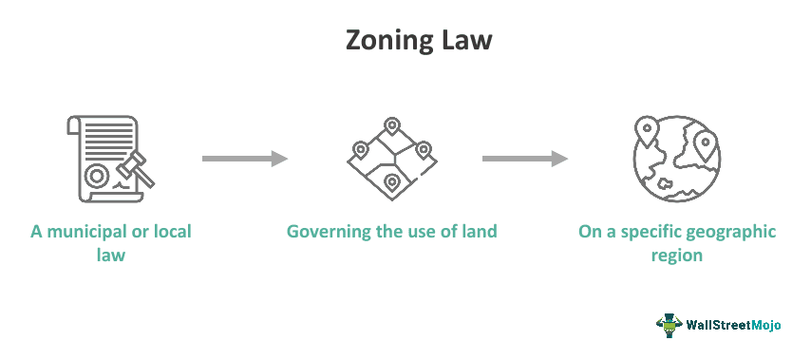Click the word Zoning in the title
[374, 43]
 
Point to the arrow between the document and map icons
[245, 159]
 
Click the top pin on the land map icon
[390, 127]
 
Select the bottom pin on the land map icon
[390, 180]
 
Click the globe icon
[675, 159]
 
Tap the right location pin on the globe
[704, 145]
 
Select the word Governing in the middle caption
[331, 231]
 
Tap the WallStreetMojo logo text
[734, 325]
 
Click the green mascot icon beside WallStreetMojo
[670, 325]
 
